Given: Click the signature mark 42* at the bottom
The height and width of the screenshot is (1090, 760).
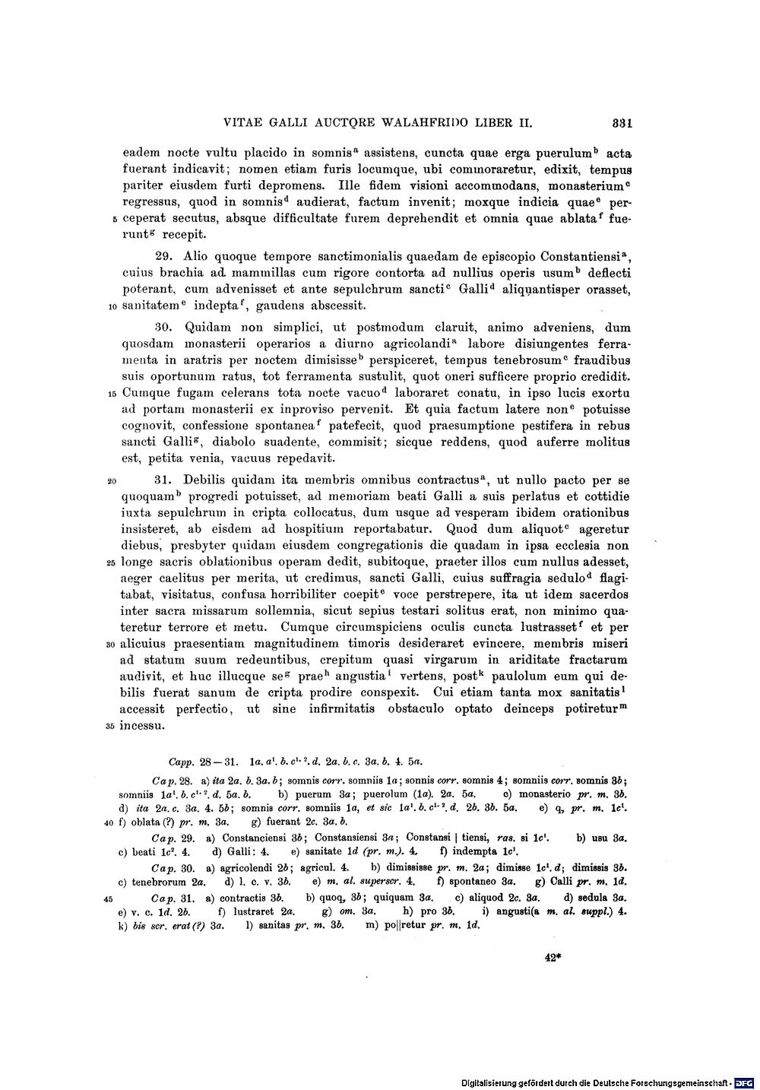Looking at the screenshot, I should tap(553, 959).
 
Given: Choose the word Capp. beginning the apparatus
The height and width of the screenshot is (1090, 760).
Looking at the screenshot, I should tap(182, 759).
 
